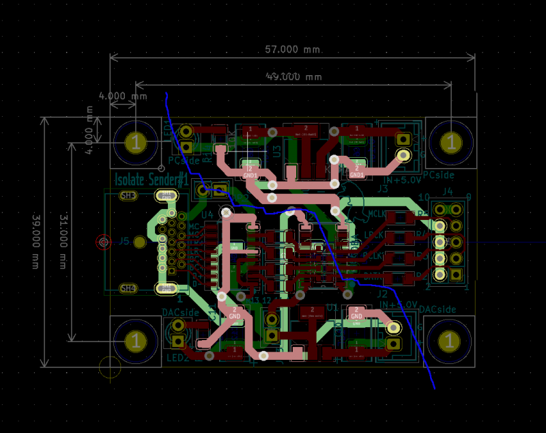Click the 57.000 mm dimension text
(292, 49)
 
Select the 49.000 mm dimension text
(293, 76)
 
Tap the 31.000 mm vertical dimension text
(63, 241)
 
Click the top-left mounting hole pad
(136, 142)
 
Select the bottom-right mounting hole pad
(449, 340)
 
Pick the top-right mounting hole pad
(449, 142)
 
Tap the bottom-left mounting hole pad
(136, 340)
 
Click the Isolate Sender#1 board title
(151, 180)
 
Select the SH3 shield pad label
(128, 196)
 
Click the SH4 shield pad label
(128, 288)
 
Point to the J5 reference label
(124, 241)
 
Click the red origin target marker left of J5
(104, 241)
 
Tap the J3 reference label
(383, 188)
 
